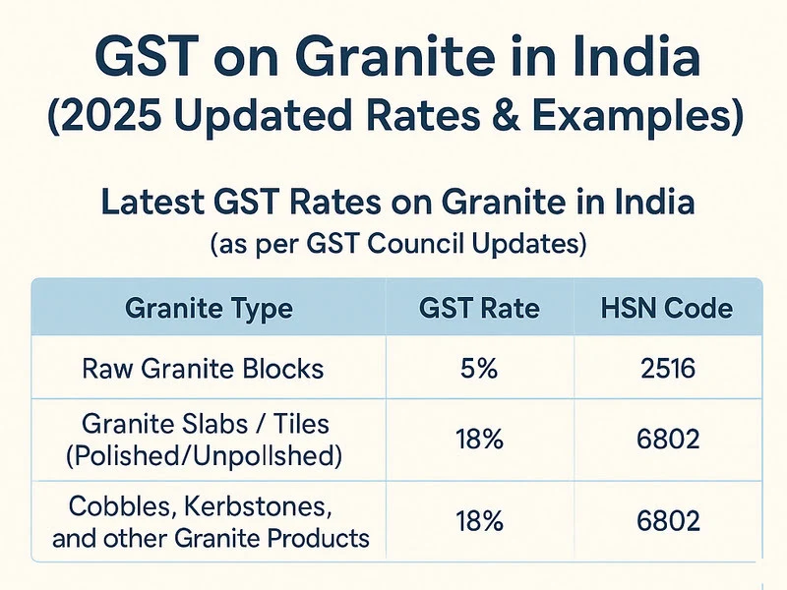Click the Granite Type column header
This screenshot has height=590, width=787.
pos(209,309)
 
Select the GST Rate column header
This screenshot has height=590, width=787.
pos(479,309)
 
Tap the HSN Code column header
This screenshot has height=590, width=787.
pos(667,309)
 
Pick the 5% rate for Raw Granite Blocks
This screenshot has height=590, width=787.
pos(479,370)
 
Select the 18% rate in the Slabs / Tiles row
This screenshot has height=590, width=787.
pos(479,440)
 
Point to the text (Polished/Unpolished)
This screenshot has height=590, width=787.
pos(209,454)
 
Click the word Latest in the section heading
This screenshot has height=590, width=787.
pos(153,204)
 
